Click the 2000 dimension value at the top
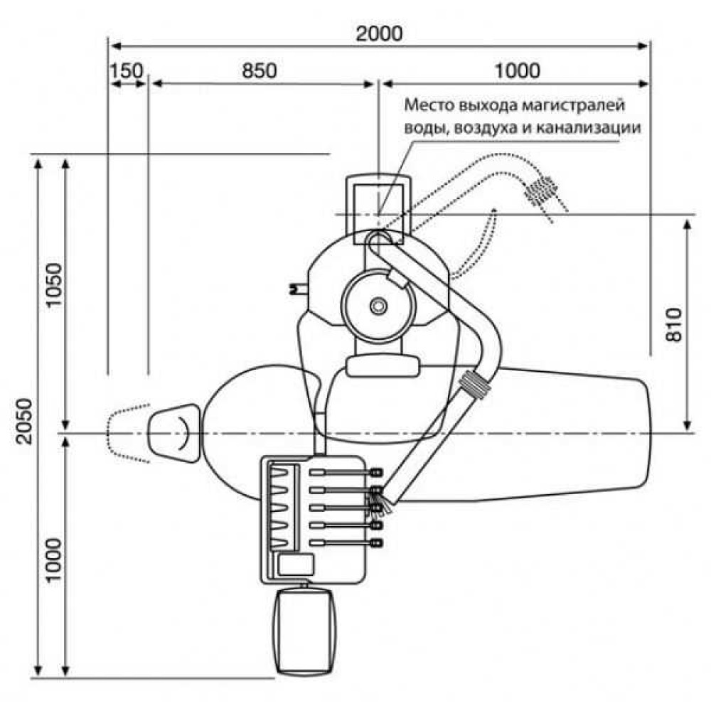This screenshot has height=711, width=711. point(379,33)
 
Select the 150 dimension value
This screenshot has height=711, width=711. point(127,70)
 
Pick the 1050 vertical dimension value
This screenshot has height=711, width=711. point(55,287)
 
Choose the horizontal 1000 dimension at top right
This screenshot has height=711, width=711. point(517,70)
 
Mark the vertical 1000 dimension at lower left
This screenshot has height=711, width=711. point(55,559)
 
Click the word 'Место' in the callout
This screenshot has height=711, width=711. point(428,106)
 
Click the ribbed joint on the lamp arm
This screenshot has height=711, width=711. point(476,386)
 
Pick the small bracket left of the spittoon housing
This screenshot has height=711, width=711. point(294,287)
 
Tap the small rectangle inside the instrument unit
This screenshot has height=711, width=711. point(296,564)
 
